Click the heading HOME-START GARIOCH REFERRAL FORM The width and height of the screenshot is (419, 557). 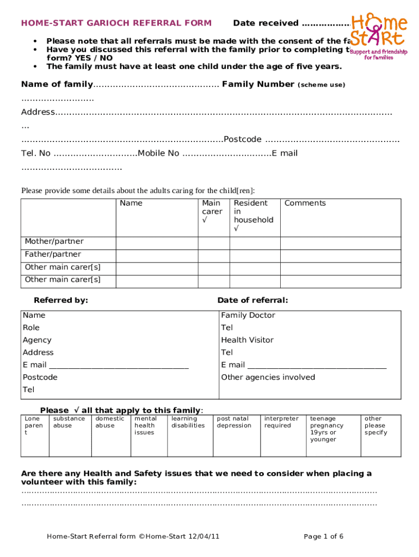tap(116, 23)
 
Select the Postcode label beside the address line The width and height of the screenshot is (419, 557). tap(243, 139)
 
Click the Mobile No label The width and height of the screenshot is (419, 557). tap(158, 153)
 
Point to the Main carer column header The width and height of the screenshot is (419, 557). tap(212, 211)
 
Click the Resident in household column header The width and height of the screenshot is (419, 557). tap(254, 215)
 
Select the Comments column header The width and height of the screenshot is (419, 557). tap(305, 203)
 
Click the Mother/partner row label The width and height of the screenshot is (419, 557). tap(54, 242)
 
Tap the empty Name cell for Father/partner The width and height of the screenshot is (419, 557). tap(157, 255)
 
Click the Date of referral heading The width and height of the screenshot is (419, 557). tap(252, 300)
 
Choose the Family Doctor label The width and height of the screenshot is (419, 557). tap(248, 315)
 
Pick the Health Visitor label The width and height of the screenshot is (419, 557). tap(247, 340)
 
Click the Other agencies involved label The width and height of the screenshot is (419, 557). tap(268, 377)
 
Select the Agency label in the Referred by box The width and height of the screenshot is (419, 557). tap(37, 340)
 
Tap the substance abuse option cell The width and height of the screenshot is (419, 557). tap(69, 423)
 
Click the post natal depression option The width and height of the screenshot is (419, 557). tap(234, 423)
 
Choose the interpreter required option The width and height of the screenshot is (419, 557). tap(281, 423)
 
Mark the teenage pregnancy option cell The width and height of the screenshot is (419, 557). tap(327, 429)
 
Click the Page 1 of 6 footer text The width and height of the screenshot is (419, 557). tap(323, 537)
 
